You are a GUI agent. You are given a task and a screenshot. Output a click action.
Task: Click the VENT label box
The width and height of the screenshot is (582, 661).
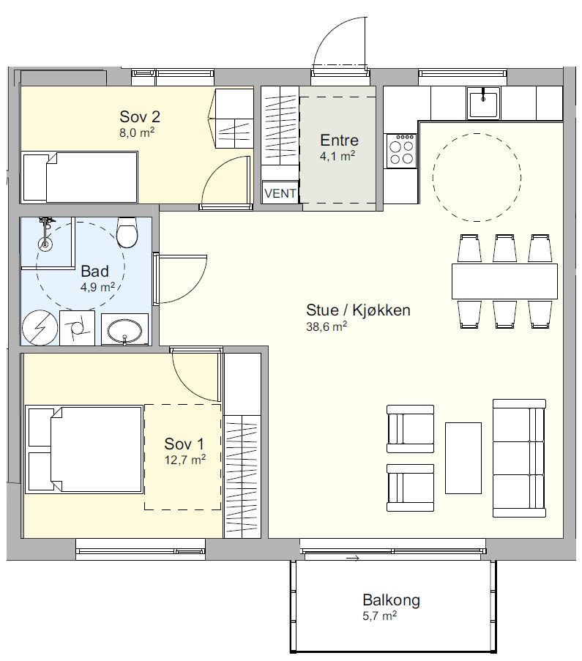pyautogui.click(x=280, y=193)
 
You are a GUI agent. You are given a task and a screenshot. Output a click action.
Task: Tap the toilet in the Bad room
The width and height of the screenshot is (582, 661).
pyautogui.click(x=127, y=232)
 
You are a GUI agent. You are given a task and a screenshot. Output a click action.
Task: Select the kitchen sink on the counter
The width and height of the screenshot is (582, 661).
pyautogui.click(x=483, y=102)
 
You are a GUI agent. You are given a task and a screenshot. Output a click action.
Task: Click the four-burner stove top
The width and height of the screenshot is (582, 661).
pyautogui.click(x=401, y=152)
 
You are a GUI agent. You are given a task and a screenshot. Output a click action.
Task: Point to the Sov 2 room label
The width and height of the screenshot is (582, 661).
pyautogui.click(x=140, y=116)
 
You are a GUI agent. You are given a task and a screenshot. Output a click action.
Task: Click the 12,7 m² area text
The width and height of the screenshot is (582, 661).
pyautogui.click(x=185, y=459)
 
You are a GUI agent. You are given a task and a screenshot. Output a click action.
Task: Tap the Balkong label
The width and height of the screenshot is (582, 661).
pyautogui.click(x=392, y=600)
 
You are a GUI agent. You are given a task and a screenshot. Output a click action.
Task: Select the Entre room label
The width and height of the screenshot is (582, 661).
pyautogui.click(x=339, y=140)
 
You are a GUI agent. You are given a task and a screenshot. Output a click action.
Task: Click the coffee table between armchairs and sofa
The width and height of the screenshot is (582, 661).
pyautogui.click(x=463, y=458)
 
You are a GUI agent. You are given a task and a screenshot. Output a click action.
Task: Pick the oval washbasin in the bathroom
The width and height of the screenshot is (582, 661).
pyautogui.click(x=125, y=329)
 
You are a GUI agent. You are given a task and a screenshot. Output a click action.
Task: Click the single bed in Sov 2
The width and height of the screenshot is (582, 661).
pyautogui.click(x=81, y=177)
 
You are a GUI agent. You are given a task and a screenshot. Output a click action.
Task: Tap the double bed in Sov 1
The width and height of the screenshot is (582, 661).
pyautogui.click(x=84, y=449)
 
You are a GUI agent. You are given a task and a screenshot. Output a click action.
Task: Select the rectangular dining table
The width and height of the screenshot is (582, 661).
pyautogui.click(x=504, y=282)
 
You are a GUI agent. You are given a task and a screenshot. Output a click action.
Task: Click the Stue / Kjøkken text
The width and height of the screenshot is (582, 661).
pyautogui.click(x=358, y=310)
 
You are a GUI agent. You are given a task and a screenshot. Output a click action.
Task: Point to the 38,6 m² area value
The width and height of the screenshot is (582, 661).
pyautogui.click(x=327, y=326)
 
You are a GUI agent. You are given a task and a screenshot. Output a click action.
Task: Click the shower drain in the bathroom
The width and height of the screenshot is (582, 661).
pyautogui.click(x=45, y=243)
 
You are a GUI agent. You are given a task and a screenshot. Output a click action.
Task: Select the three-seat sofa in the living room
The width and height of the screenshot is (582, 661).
pyautogui.click(x=520, y=458)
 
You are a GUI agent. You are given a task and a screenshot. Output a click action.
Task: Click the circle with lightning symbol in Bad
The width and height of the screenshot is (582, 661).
pyautogui.click(x=40, y=327)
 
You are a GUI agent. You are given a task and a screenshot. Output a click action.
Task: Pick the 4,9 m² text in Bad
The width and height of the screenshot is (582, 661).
pyautogui.click(x=98, y=288)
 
